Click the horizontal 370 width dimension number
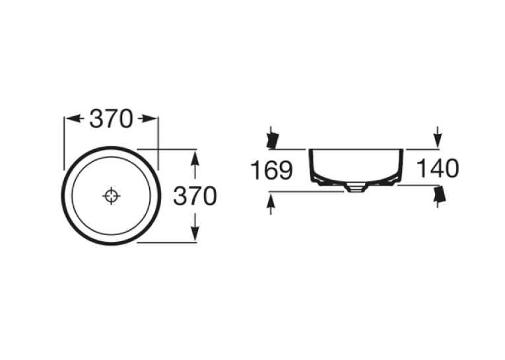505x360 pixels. click(x=111, y=119)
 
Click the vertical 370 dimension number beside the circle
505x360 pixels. click(x=195, y=196)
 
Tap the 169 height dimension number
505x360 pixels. click(x=271, y=170)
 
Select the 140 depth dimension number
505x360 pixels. click(x=438, y=168)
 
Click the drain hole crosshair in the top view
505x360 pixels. click(x=112, y=196)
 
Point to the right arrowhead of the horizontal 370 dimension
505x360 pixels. click(x=149, y=119)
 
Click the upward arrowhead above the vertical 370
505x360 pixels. click(x=195, y=158)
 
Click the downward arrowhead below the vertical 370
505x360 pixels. click(x=195, y=233)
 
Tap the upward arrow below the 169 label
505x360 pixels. click(x=271, y=204)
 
